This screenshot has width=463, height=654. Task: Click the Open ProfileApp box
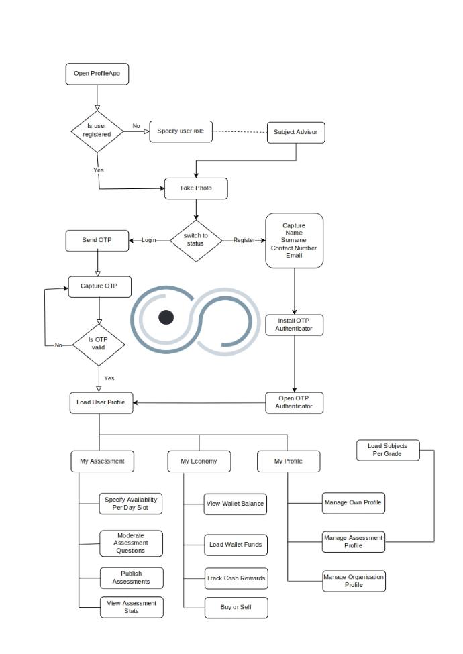[x=97, y=74]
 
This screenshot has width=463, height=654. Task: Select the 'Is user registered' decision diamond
[x=98, y=129]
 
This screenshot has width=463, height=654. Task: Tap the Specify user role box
[x=181, y=131]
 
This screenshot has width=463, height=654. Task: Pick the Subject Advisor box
[x=296, y=132]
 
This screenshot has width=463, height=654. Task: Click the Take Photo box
[x=196, y=188]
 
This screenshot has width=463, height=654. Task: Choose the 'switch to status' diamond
[x=195, y=239]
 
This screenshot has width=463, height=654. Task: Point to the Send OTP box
[x=97, y=240]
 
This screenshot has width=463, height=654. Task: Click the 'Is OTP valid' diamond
[x=99, y=343]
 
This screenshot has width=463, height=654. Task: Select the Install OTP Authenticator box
[x=294, y=325]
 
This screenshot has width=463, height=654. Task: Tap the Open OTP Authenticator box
[x=294, y=402]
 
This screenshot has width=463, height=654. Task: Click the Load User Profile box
[x=100, y=402]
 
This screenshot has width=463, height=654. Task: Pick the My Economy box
[x=199, y=461]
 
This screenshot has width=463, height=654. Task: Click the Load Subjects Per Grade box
[x=387, y=450]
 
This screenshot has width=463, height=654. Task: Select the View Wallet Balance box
[x=236, y=504]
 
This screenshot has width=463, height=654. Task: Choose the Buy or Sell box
[x=236, y=607]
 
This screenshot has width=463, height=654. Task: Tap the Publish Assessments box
[x=132, y=578]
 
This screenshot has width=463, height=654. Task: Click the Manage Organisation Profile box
[x=354, y=581]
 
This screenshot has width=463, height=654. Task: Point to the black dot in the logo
[x=166, y=317]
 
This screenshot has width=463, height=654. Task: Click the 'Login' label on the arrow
[x=148, y=240]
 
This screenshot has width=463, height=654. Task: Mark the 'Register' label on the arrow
[x=244, y=240]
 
